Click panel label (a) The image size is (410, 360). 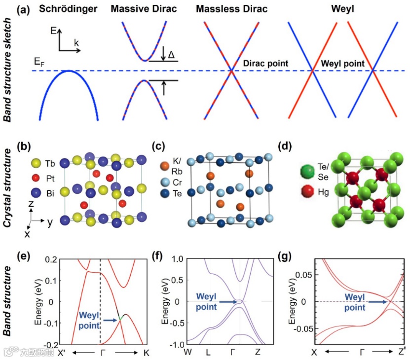(23, 9)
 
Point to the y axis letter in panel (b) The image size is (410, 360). (50, 222)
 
